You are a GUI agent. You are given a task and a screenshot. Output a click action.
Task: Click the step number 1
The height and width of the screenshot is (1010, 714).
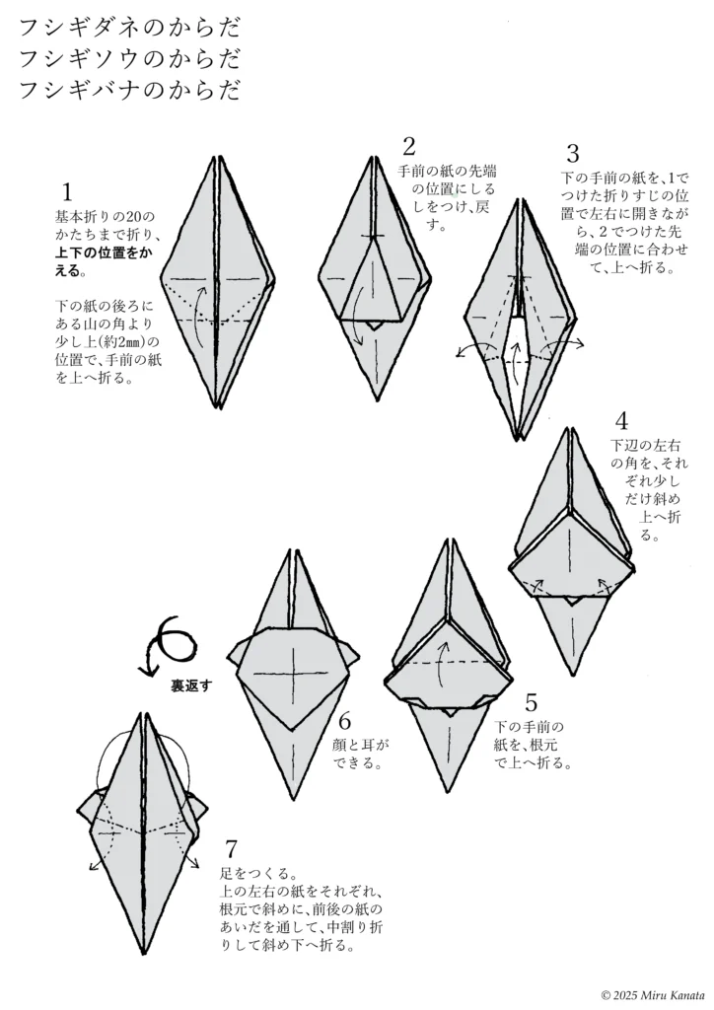(67, 192)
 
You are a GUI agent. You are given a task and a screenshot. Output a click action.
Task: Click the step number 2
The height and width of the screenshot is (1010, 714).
(408, 148)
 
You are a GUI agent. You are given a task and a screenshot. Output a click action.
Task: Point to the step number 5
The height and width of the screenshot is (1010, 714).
(531, 703)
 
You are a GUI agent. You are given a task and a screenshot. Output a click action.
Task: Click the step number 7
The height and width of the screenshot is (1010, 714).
(231, 849)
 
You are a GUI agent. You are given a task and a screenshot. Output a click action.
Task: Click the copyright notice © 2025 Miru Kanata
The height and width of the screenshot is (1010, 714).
(651, 994)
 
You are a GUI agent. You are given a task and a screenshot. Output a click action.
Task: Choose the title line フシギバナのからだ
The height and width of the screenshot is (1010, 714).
(128, 91)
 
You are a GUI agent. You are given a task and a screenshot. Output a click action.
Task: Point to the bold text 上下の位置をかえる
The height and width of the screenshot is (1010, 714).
(103, 261)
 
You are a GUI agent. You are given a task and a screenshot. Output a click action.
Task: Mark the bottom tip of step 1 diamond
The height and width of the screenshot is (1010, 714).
(217, 404)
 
